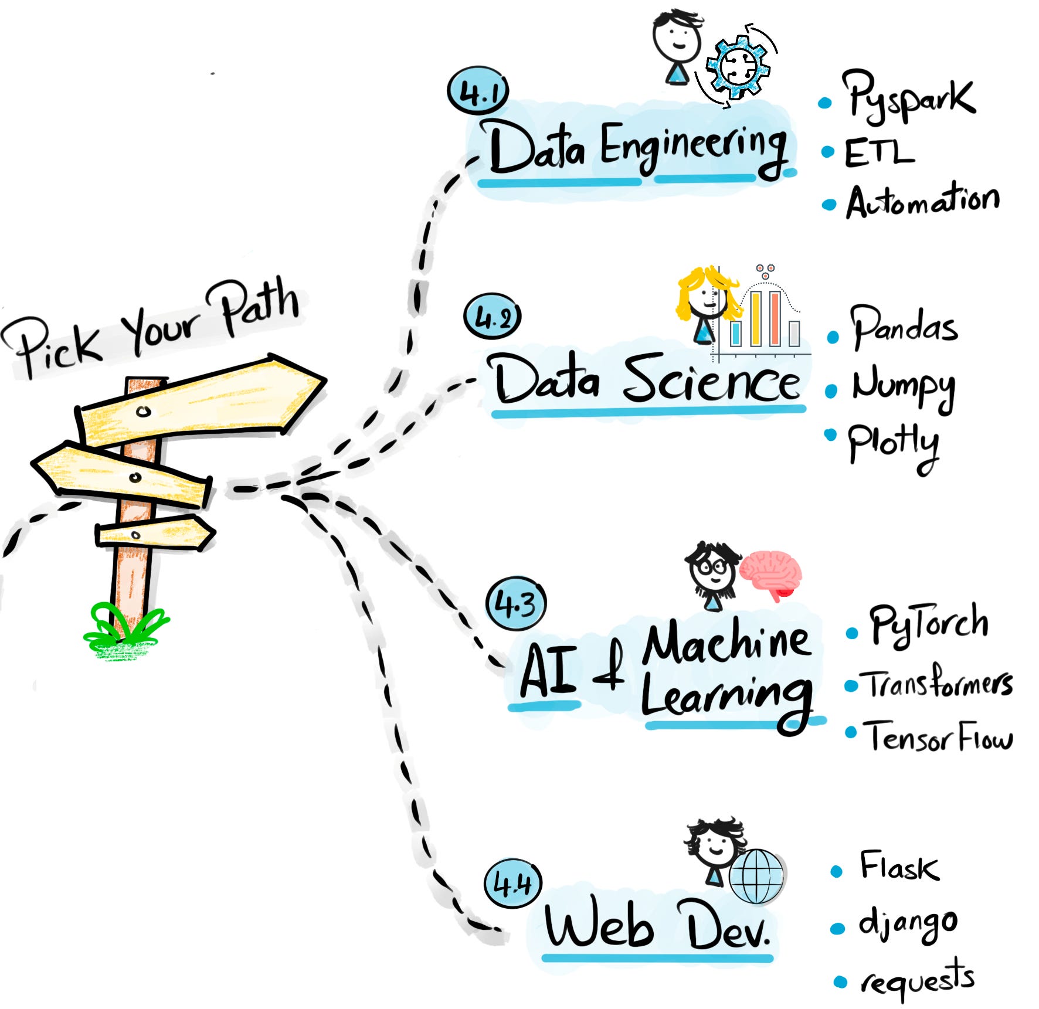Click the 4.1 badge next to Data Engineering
478,92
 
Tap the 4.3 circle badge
516,603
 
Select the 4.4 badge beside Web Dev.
512,883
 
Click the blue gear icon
738,66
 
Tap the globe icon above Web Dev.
756,876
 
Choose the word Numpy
903,388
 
